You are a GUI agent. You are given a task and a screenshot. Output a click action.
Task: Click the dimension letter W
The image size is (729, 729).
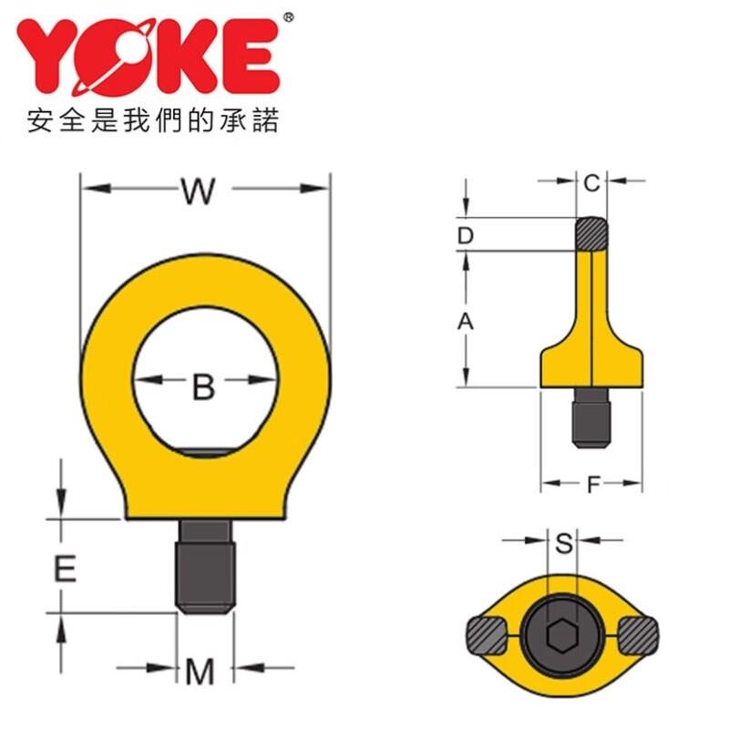[x=199, y=190]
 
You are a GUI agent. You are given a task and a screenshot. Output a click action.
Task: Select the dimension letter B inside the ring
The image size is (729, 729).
[x=203, y=386]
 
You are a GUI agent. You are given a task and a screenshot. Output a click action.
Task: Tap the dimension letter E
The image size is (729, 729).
[x=65, y=569]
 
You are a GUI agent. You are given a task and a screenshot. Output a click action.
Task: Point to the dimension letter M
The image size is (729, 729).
[x=200, y=672]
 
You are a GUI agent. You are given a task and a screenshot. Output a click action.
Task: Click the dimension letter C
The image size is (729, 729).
[x=591, y=184]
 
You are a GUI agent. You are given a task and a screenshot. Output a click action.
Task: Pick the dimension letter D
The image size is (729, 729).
[x=465, y=236]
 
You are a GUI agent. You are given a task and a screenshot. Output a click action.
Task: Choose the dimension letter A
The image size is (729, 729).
[x=466, y=322]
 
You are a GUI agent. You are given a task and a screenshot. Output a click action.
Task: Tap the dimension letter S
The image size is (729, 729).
[x=564, y=542]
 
